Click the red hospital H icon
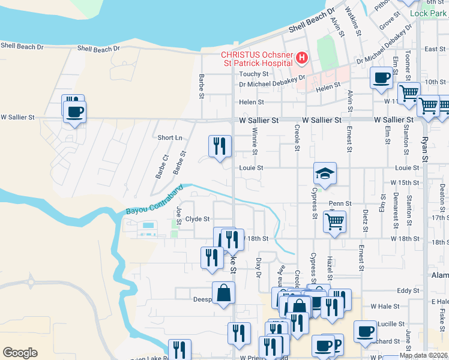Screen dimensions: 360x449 (x=302, y=58)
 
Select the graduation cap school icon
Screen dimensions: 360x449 (x=325, y=174)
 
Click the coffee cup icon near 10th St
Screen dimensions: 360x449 (x=382, y=78)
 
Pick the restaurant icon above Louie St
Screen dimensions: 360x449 (x=220, y=146)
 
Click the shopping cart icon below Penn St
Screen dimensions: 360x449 (x=334, y=221)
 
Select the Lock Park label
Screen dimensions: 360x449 (x=429, y=13)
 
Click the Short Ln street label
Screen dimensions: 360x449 (x=170, y=137)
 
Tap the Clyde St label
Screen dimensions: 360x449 (x=197, y=219)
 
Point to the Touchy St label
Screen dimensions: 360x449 (x=253, y=74)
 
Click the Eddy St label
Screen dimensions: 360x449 (x=408, y=290)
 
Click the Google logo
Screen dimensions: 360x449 (x=20, y=353)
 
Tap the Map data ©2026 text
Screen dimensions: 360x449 (x=424, y=355)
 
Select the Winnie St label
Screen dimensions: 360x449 (x=255, y=140)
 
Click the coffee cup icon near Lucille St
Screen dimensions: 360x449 (x=365, y=332)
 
